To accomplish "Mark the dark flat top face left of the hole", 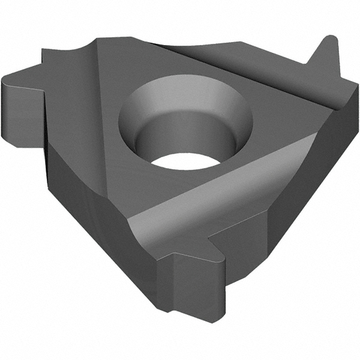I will tap(90, 120).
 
